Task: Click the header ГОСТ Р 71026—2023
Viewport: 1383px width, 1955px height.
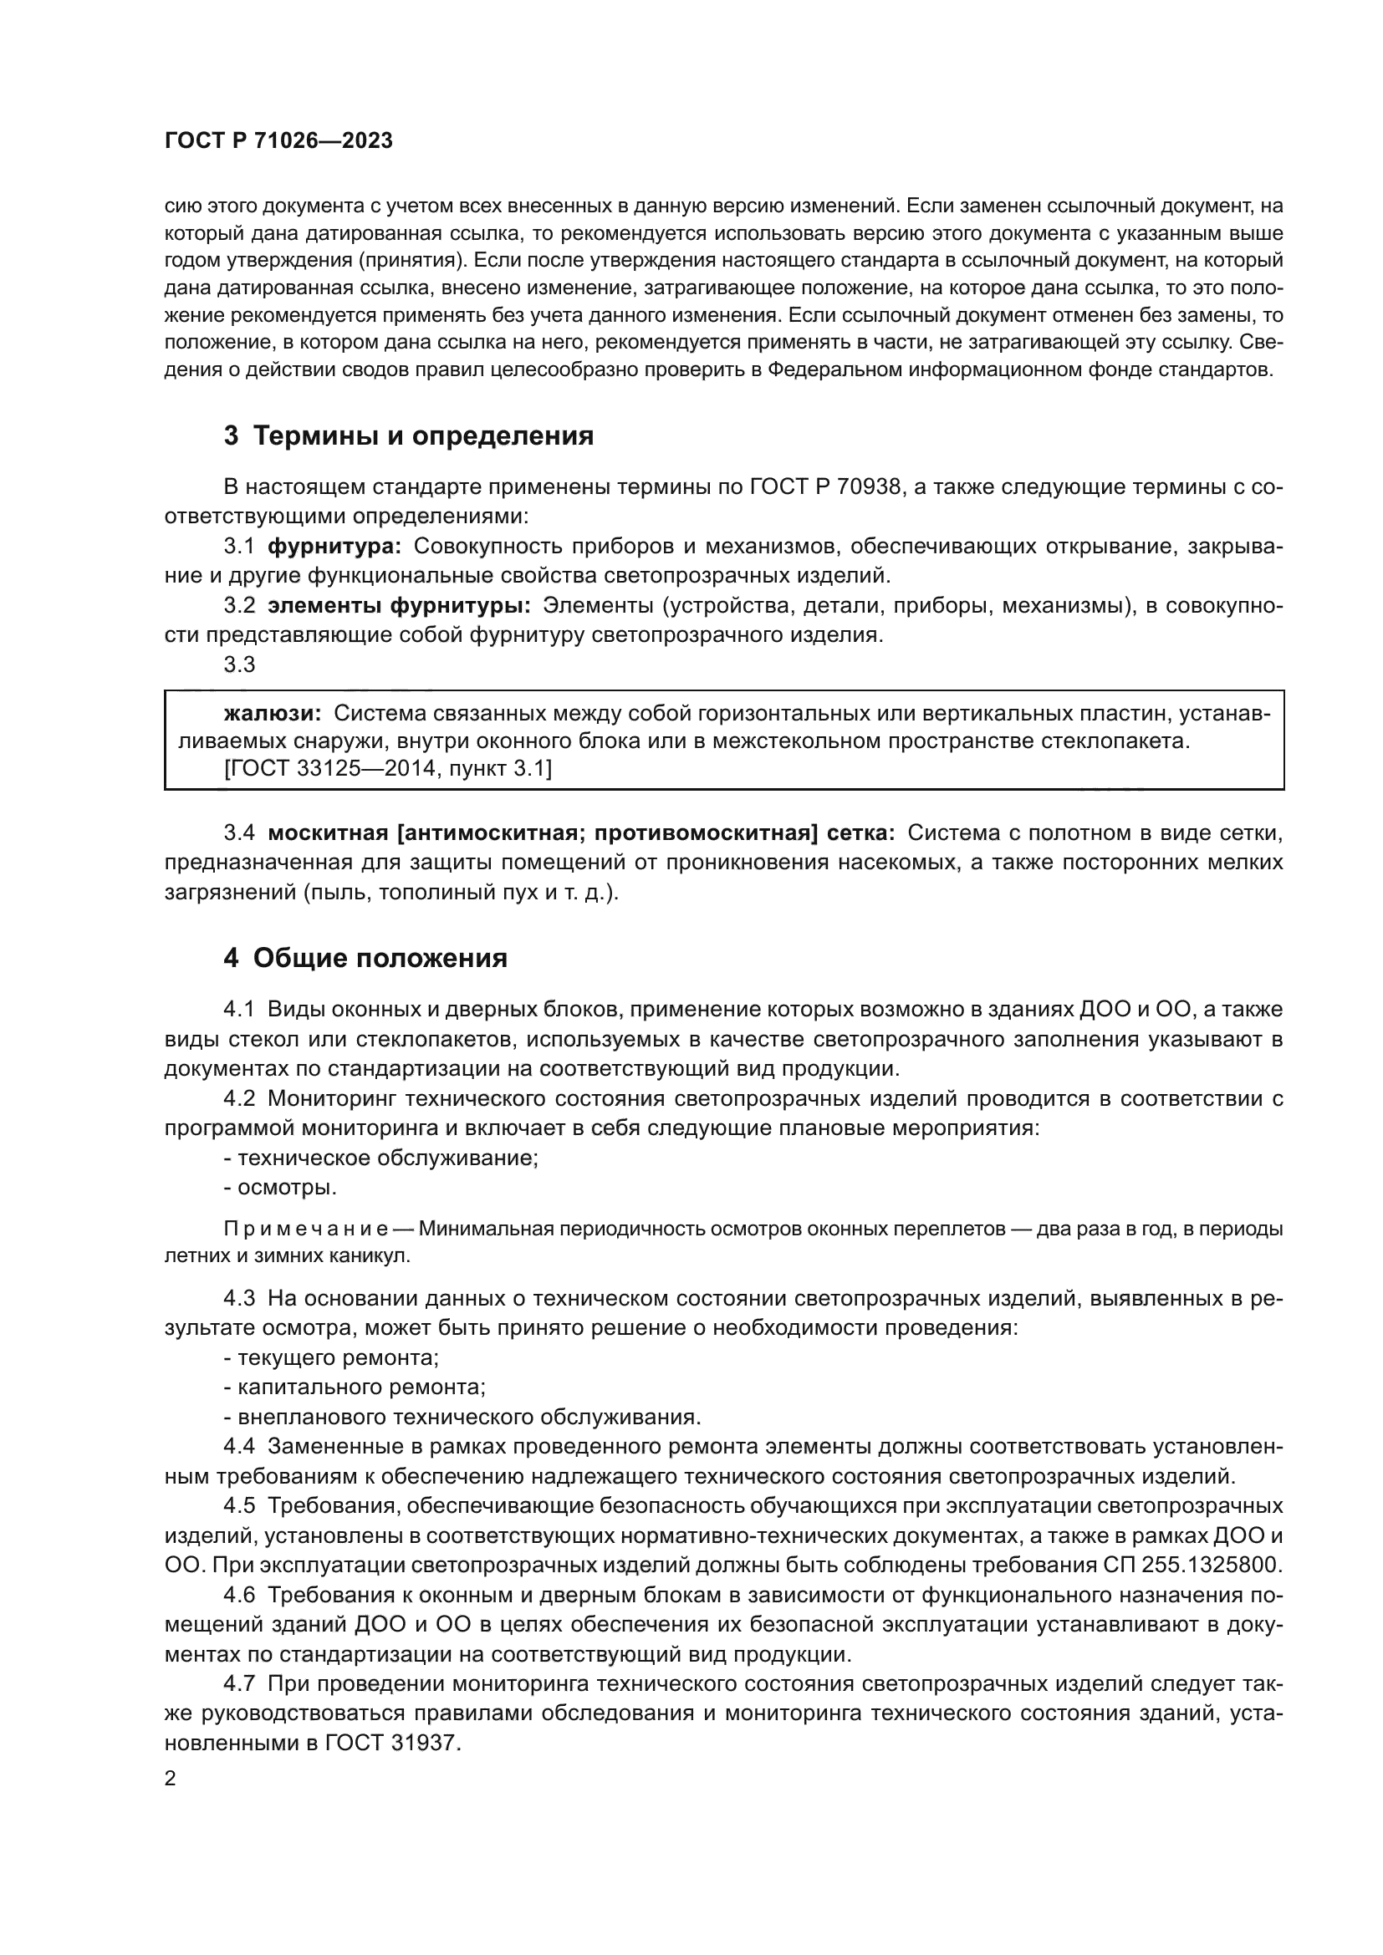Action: [278, 141]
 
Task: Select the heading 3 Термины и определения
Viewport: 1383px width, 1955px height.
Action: [408, 436]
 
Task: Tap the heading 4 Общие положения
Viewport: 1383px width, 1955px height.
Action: [365, 958]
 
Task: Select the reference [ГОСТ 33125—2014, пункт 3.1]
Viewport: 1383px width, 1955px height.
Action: [387, 769]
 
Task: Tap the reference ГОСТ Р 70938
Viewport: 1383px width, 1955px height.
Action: [825, 487]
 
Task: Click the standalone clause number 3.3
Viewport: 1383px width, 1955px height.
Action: [239, 664]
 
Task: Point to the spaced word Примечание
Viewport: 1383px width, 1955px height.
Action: [306, 1229]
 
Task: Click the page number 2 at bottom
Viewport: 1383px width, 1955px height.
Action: [171, 1779]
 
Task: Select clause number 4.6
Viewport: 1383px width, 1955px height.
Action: [239, 1595]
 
